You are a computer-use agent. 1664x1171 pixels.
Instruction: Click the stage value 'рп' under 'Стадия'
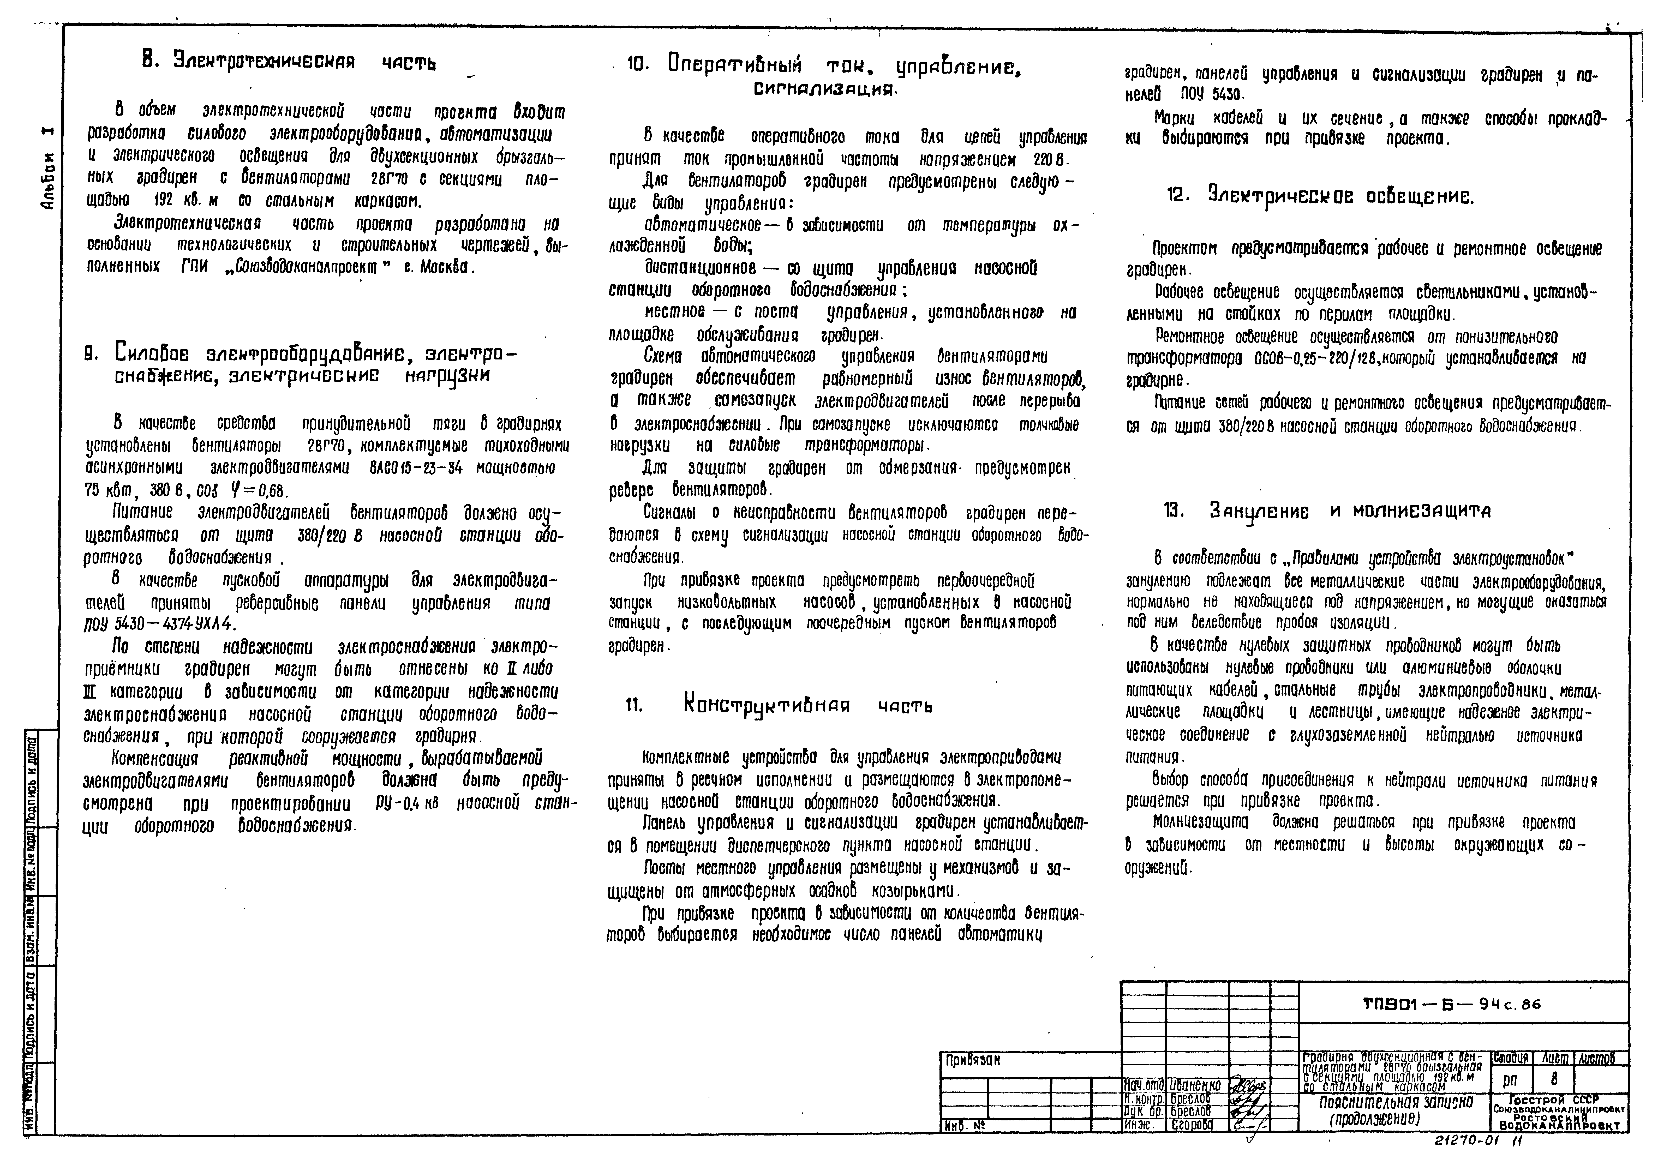point(1510,1080)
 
